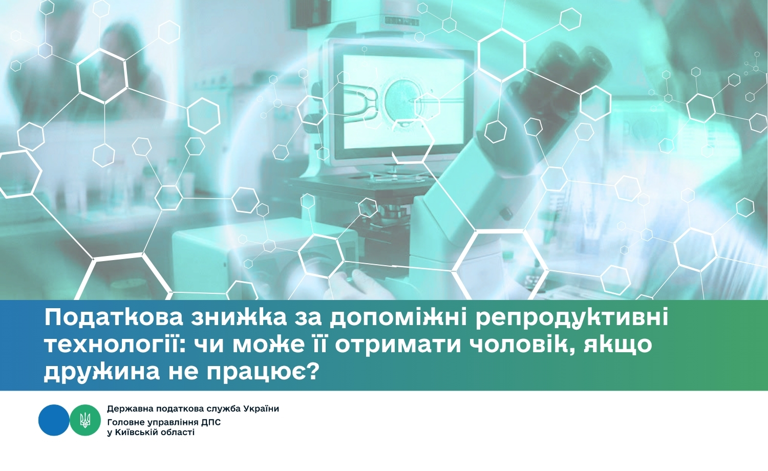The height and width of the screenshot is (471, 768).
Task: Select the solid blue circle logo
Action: (54, 420)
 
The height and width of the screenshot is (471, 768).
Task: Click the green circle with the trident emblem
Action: (86, 420)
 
